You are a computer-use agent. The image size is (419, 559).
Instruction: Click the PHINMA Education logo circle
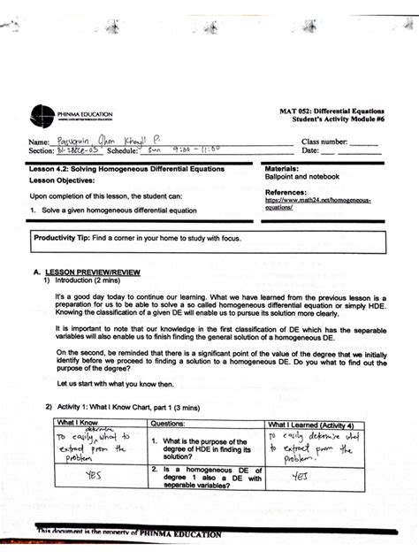[42, 114]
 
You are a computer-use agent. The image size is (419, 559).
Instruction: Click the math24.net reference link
[317, 203]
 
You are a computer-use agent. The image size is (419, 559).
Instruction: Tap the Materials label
[282, 167]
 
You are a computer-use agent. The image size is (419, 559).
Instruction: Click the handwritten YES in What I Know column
[93, 475]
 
